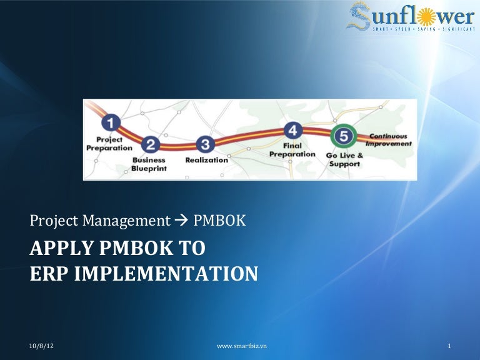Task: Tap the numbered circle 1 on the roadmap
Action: tap(111, 122)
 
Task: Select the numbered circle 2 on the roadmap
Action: tap(150, 145)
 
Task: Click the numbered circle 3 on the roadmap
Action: tap(206, 145)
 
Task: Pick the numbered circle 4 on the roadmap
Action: tap(293, 130)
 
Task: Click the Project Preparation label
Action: tap(109, 144)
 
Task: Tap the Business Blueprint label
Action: tap(148, 164)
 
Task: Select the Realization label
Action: tap(206, 160)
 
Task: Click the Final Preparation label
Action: tap(292, 150)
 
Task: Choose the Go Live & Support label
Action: tap(344, 159)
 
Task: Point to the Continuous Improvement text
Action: tap(388, 140)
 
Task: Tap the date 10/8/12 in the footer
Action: tap(41, 346)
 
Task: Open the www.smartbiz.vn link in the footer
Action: tap(240, 346)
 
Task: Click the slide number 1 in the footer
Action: tap(449, 346)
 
